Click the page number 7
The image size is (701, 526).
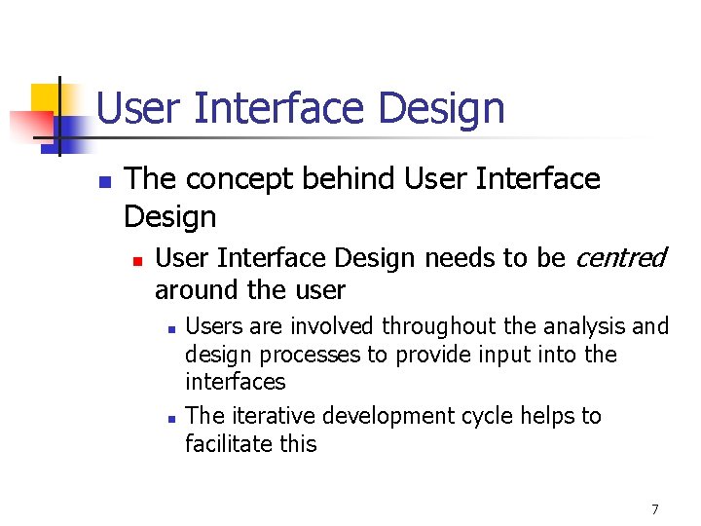tap(655, 508)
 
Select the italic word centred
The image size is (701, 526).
tap(621, 258)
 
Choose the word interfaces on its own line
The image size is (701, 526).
tap(235, 381)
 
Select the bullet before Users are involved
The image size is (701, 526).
tap(169, 328)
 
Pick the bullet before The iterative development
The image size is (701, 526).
tap(169, 418)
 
